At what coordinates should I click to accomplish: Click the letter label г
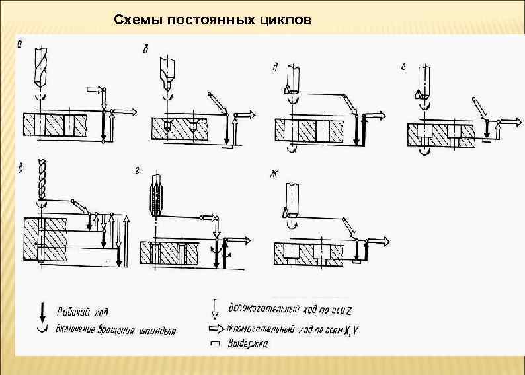(136, 170)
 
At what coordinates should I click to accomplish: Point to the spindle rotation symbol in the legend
(42, 328)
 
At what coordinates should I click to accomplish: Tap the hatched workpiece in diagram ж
(307, 253)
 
